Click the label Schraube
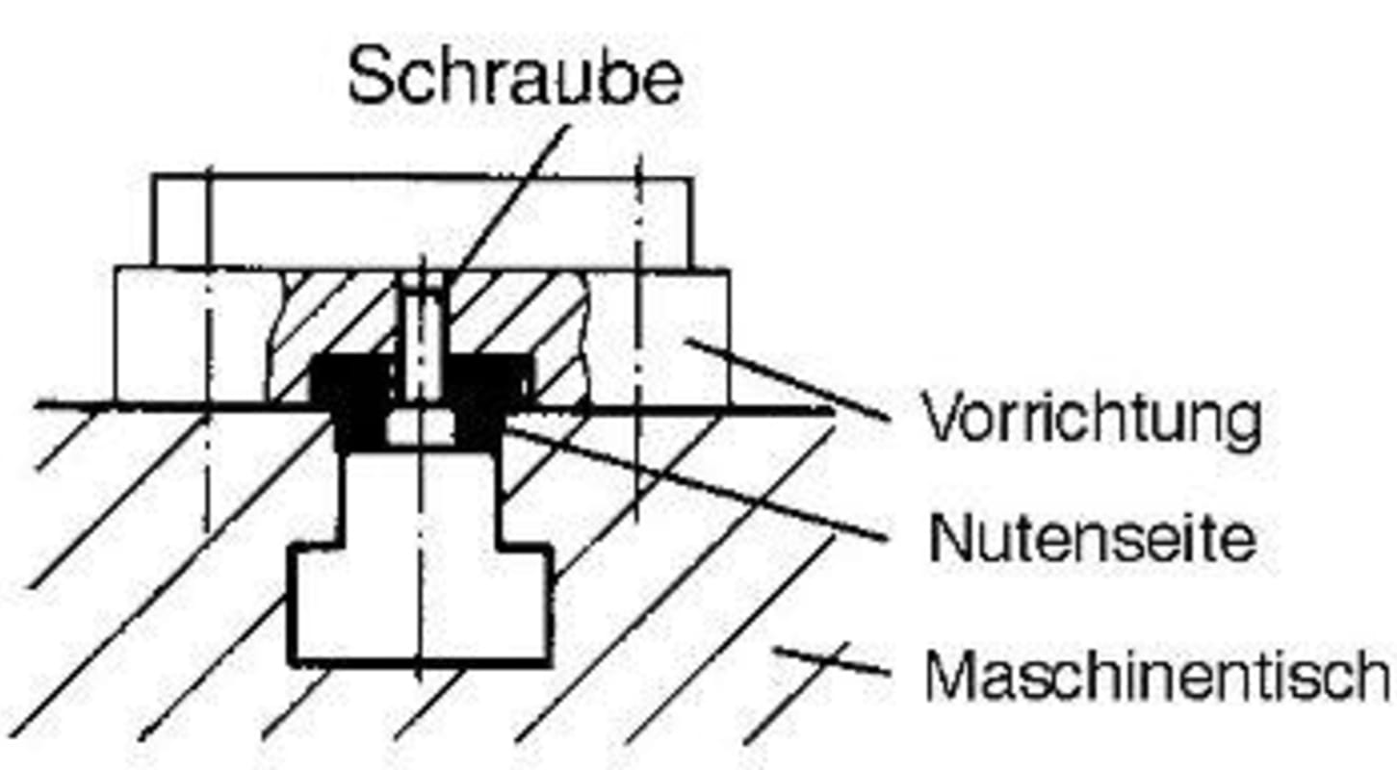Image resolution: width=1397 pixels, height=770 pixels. (x=515, y=77)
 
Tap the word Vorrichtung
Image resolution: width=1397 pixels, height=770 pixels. (x=1092, y=419)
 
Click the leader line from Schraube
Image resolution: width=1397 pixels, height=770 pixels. (x=510, y=192)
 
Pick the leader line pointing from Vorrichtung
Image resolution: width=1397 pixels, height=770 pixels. (x=789, y=380)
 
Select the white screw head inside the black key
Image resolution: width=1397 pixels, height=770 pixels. (x=421, y=426)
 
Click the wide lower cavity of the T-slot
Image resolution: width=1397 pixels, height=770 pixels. (x=421, y=602)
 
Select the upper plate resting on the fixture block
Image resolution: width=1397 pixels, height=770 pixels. (x=421, y=221)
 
